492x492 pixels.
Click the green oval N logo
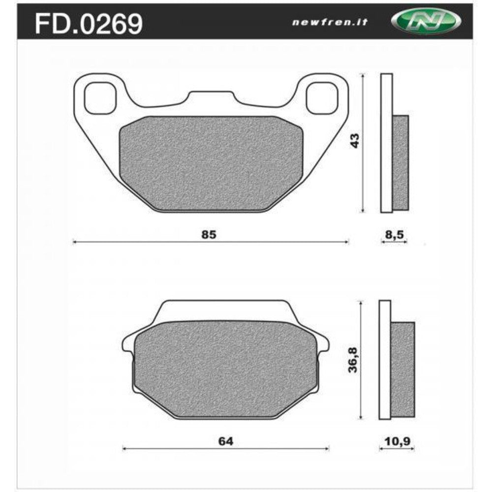[426, 21]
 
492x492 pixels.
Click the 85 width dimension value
[209, 235]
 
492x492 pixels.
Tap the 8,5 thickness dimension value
[394, 235]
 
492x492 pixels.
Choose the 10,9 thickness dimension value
[397, 441]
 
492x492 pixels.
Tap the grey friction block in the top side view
[401, 161]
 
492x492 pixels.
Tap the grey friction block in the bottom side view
[403, 369]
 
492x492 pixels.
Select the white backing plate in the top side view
[387, 143]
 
